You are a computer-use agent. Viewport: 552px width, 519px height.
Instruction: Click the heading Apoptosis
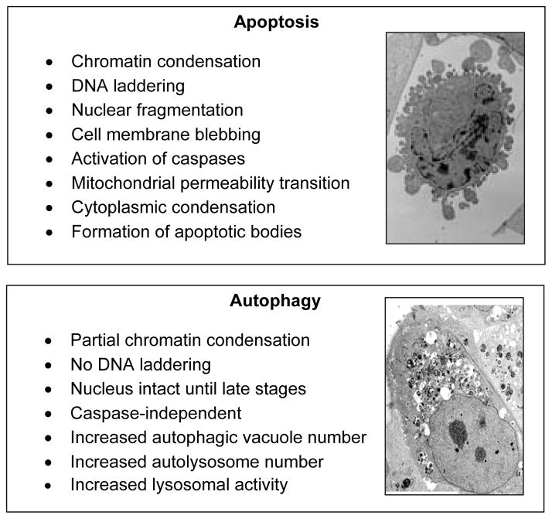pos(276,22)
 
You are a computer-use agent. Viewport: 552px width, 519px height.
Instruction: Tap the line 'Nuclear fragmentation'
pos(156,109)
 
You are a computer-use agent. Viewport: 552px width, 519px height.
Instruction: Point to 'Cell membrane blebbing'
pos(165,134)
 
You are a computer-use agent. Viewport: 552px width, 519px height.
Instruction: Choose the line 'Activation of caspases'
pos(158,159)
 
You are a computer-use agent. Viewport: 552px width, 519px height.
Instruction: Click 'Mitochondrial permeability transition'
pos(210,183)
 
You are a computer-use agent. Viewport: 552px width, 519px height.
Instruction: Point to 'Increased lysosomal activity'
pos(179,485)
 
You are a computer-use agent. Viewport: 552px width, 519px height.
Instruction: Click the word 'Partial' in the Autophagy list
pos(92,340)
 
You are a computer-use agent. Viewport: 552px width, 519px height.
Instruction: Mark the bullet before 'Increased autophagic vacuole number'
pos(50,438)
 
